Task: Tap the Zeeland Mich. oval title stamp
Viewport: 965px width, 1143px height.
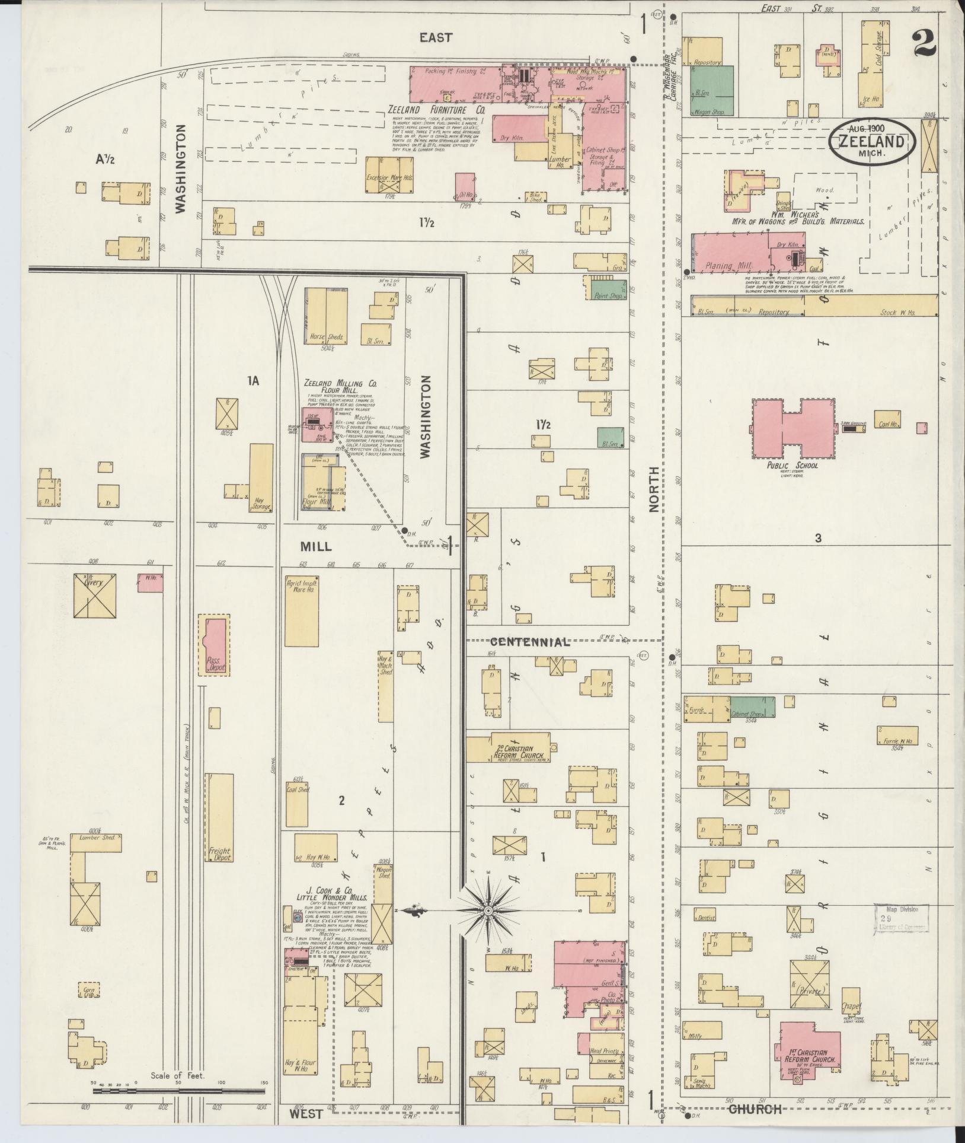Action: [x=871, y=141]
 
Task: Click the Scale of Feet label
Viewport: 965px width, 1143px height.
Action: [x=177, y=1075]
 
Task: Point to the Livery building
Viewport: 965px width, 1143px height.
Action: [x=94, y=595]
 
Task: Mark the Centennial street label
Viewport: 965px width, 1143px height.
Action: [x=530, y=642]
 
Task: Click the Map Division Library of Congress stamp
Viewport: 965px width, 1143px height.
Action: [x=901, y=918]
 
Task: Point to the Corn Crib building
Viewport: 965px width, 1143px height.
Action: [x=89, y=990]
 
